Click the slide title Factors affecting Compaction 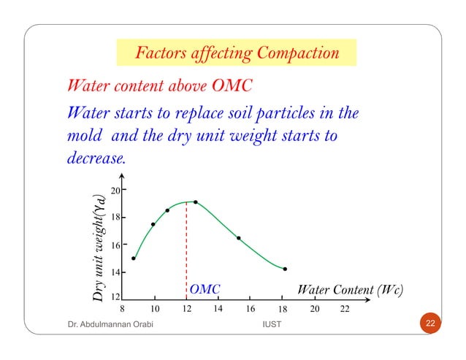[x=237, y=54]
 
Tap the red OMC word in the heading [x=231, y=86]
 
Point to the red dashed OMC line [x=186, y=248]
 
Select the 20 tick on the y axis [x=115, y=191]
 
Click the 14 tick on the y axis [x=115, y=272]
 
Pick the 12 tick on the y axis [x=115, y=298]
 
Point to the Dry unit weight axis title [x=97, y=245]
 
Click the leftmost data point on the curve [x=134, y=258]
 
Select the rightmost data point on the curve [x=285, y=269]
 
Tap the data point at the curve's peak [x=196, y=202]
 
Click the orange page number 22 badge [x=431, y=323]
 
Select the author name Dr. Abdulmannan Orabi [x=102, y=323]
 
